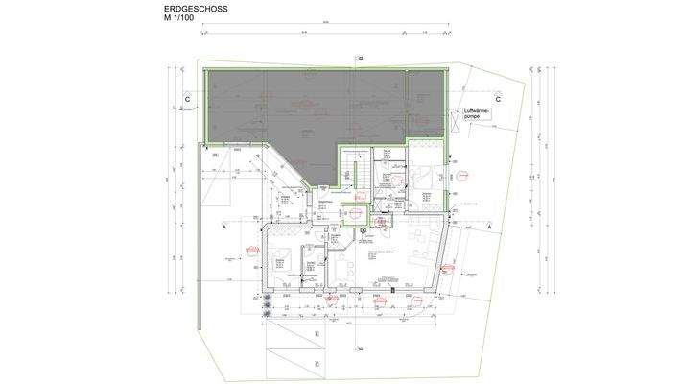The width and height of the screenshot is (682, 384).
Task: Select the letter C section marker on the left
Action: click(188, 98)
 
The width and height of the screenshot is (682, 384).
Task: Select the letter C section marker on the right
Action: click(499, 98)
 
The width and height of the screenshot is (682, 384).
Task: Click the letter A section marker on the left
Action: click(223, 229)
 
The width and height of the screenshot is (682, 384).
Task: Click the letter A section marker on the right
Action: click(489, 226)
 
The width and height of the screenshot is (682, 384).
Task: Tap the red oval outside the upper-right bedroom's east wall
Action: click(461, 174)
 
